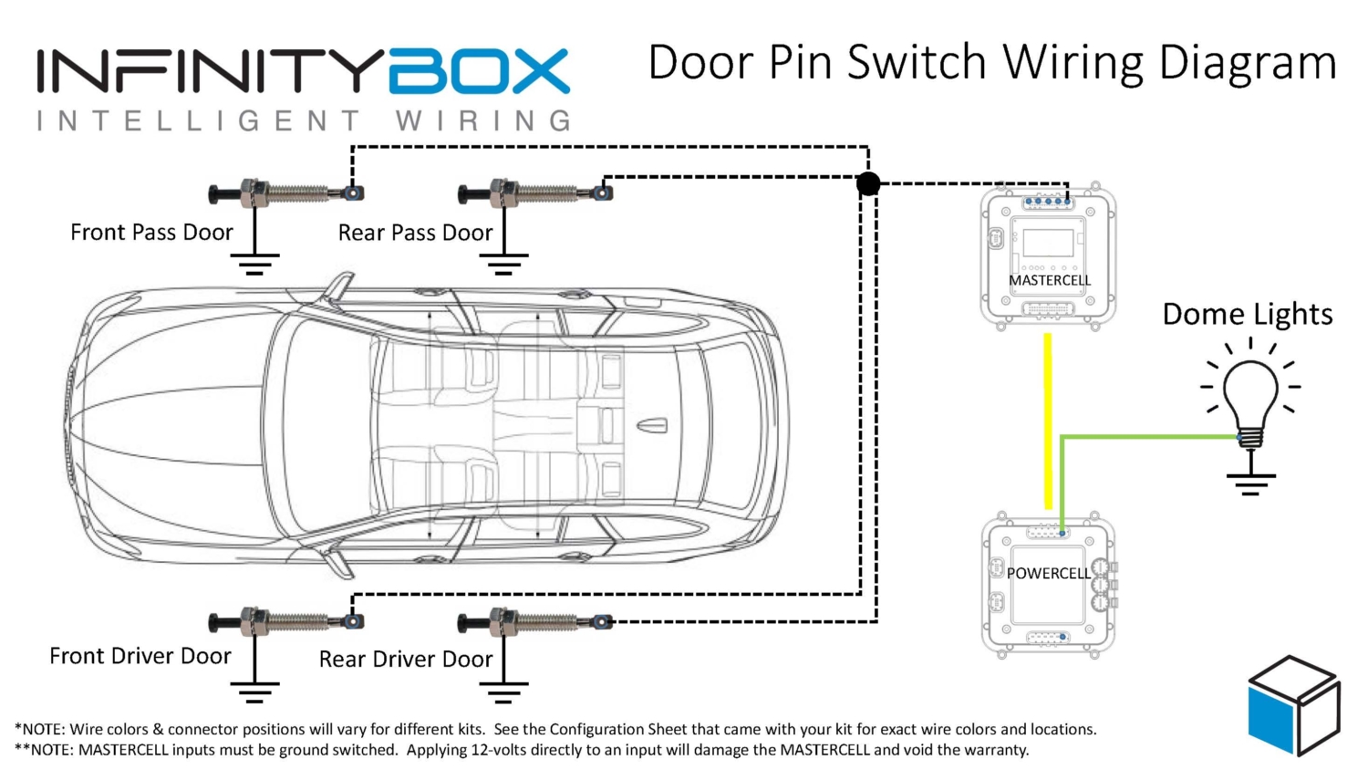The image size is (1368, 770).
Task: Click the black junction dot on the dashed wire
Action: (868, 183)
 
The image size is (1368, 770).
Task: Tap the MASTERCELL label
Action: (1049, 280)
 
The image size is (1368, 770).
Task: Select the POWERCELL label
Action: (1048, 573)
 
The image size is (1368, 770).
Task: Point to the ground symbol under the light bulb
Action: (1249, 483)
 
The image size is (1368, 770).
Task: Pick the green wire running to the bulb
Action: (1149, 437)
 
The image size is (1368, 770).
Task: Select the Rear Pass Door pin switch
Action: (534, 192)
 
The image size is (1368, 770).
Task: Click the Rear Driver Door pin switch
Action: (534, 622)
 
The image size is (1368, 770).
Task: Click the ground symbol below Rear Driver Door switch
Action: (503, 693)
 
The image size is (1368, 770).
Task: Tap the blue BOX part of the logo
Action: (479, 72)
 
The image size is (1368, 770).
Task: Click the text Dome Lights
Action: (1247, 315)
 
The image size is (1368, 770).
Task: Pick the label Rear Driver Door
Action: (405, 659)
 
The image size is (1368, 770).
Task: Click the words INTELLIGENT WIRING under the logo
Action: (304, 120)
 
